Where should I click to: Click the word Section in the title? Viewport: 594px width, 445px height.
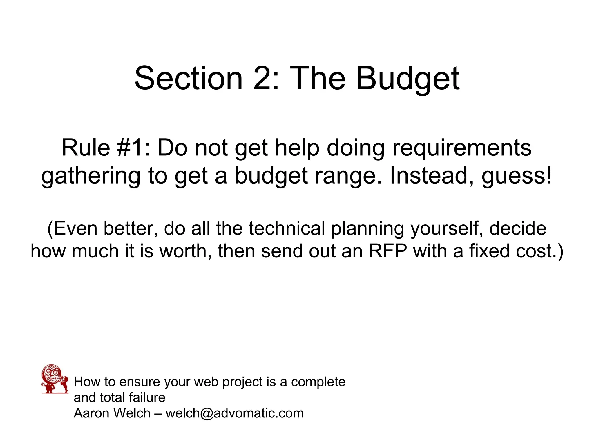pyautogui.click(x=189, y=78)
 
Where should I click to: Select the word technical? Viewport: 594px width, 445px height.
pyautogui.click(x=287, y=228)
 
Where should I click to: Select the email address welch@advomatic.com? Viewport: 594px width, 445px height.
pyautogui.click(x=234, y=413)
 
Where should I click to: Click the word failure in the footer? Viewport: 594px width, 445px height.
pyautogui.click(x=147, y=397)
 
